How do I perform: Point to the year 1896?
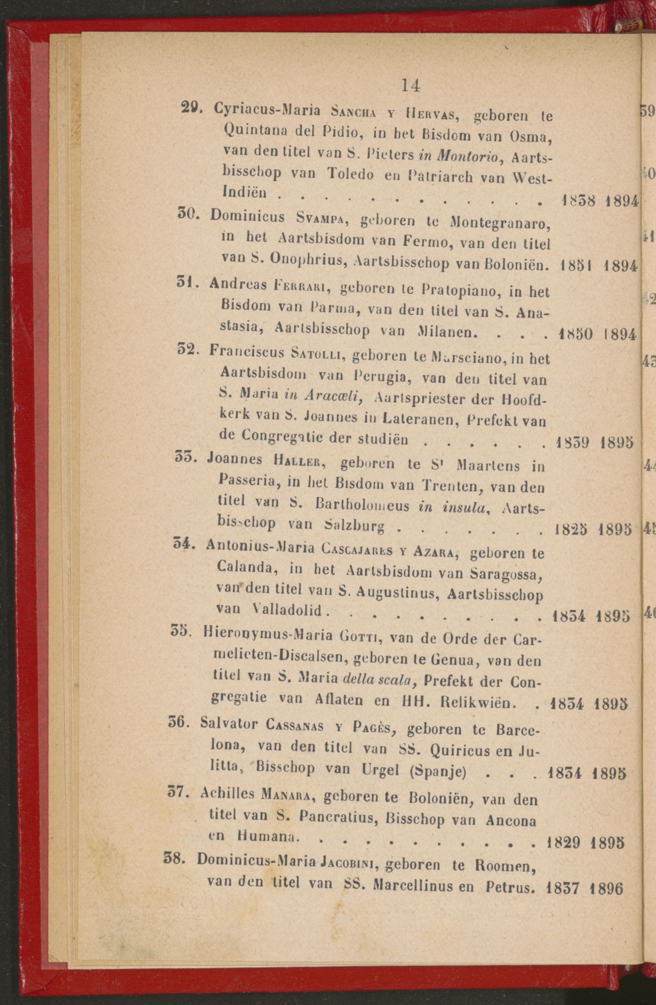pyautogui.click(x=606, y=888)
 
